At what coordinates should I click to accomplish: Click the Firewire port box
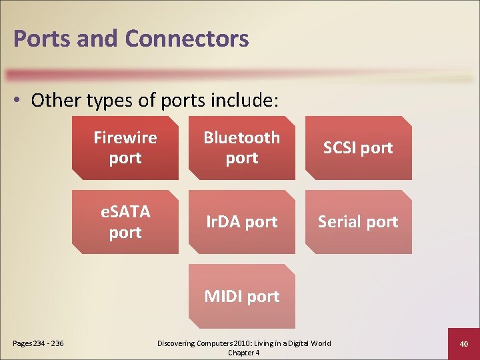pos(125,148)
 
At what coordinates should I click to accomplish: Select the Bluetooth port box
pos(241,148)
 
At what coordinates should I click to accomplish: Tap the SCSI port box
pos(358,148)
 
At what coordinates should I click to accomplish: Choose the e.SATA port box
pos(125,222)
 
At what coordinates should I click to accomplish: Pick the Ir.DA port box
pos(241,222)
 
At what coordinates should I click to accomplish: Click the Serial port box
pos(358,222)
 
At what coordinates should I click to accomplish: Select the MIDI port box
pos(241,296)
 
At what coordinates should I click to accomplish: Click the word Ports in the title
pos(41,39)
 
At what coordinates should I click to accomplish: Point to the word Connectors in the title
pos(187,39)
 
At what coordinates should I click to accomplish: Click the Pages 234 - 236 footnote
pos(38,344)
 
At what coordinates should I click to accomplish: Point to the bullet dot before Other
pos(20,101)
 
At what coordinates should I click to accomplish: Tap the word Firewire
pos(125,138)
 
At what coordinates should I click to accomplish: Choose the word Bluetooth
pos(241,138)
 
